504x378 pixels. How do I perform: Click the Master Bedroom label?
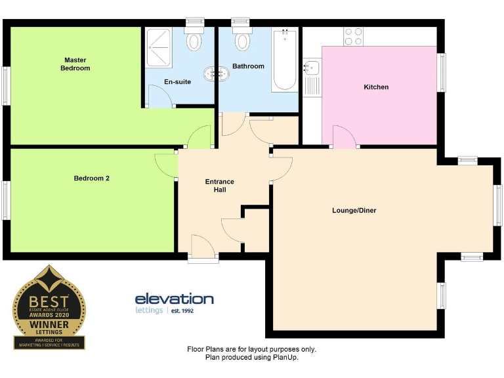pos(75,64)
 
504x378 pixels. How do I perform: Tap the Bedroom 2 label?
pos(91,178)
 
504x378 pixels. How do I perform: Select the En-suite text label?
pos(177,82)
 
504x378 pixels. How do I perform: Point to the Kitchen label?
pos(376,87)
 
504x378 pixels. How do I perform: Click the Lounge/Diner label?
pos(354,211)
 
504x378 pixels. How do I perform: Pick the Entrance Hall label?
pos(219,186)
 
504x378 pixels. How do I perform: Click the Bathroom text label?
pos(248,66)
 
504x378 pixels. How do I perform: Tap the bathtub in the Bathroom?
pos(285,60)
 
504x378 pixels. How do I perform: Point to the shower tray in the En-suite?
pos(159,47)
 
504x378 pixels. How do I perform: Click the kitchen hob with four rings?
pos(354,35)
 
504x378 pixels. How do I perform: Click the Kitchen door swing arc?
pos(344,136)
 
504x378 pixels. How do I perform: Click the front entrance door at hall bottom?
pos(203,247)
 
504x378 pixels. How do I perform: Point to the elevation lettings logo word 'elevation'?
pos(174,299)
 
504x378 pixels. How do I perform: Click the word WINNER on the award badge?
pos(49,324)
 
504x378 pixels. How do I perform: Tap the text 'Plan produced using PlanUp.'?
pos(252,358)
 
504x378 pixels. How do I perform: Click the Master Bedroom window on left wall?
pos(5,85)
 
